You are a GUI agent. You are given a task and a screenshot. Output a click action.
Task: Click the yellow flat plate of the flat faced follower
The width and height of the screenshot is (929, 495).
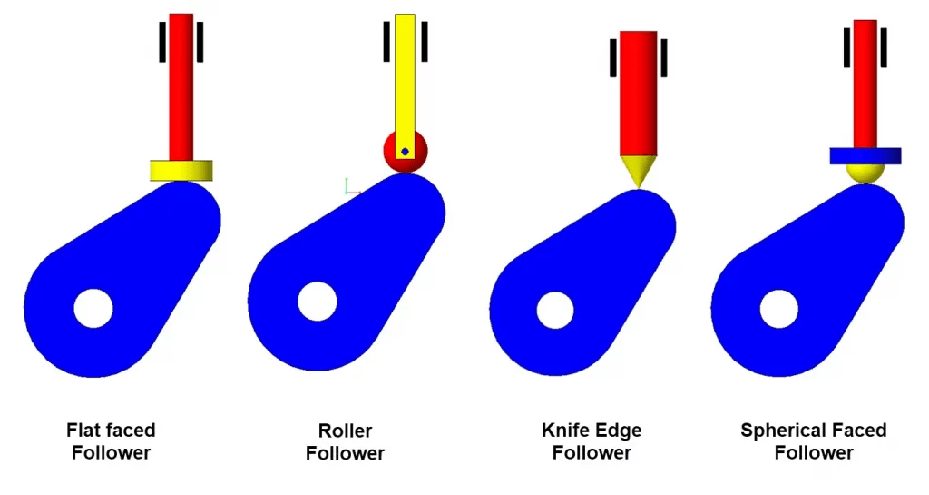coord(181,170)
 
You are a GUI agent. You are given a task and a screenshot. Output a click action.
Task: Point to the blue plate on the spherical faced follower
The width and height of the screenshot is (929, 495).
coord(865,155)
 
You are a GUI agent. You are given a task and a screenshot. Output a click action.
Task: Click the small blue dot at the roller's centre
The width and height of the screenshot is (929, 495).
coord(405,152)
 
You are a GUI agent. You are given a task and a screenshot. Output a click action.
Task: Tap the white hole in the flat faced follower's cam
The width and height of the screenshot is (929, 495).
coord(93,309)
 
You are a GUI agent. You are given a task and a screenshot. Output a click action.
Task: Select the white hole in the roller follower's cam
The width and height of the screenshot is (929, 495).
coord(318,302)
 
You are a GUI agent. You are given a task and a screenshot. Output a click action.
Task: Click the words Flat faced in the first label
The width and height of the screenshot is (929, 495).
coord(111,430)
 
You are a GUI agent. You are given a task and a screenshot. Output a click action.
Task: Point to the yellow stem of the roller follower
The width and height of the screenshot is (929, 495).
coord(405,73)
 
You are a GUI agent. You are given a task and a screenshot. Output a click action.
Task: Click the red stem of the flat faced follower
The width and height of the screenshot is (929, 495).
coord(181,86)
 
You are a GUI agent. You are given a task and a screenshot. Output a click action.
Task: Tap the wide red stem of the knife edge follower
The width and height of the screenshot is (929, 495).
coord(638,91)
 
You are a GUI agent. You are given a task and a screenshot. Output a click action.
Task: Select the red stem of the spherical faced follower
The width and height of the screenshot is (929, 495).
coord(865,82)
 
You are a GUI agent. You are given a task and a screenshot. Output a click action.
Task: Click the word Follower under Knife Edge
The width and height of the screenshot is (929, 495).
coord(592,452)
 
